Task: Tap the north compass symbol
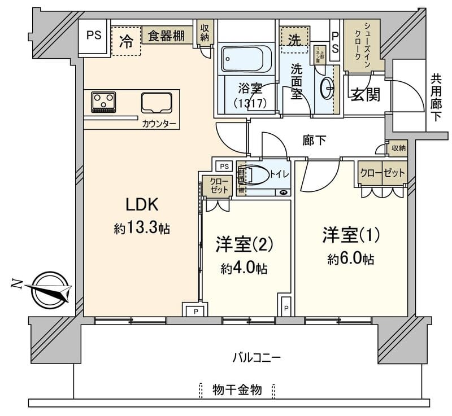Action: [49, 290]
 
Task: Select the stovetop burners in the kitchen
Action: [103, 102]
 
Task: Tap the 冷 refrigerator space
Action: [127, 42]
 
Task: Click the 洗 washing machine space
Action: [295, 40]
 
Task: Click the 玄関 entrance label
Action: [364, 95]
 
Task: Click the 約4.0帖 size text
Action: [244, 269]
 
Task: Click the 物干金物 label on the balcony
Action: [237, 389]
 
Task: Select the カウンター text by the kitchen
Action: [159, 124]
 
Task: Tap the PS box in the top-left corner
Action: [94, 35]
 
